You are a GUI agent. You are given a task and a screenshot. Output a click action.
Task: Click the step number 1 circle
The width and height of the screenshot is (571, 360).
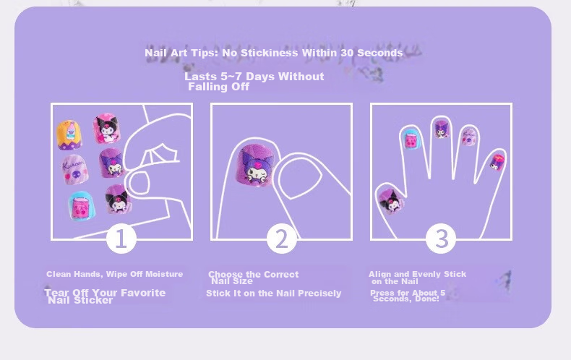click(x=121, y=239)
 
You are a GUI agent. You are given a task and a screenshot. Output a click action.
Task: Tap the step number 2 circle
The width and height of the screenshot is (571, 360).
click(x=281, y=239)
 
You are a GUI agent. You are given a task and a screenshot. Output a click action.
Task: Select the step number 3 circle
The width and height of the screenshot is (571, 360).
click(x=441, y=239)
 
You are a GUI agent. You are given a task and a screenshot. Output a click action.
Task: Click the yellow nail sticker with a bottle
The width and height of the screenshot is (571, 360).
click(x=69, y=134)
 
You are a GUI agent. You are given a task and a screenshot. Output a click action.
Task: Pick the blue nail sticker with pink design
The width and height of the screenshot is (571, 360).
click(x=82, y=207)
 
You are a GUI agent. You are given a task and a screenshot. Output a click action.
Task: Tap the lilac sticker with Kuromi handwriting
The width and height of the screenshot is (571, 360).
click(x=74, y=170)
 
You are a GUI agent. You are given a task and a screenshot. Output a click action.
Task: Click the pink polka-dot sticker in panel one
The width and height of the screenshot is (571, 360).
click(x=106, y=128)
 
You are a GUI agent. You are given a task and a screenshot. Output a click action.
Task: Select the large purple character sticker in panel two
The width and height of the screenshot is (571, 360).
click(x=257, y=165)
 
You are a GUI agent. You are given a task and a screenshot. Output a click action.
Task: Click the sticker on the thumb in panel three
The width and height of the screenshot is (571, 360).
click(x=391, y=201)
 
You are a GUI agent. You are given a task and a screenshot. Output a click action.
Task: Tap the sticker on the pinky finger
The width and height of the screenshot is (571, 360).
click(x=497, y=163)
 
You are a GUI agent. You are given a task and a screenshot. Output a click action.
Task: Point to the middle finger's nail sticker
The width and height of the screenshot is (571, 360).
click(x=442, y=129)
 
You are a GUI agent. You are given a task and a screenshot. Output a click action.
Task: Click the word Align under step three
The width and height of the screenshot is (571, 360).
click(x=379, y=275)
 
